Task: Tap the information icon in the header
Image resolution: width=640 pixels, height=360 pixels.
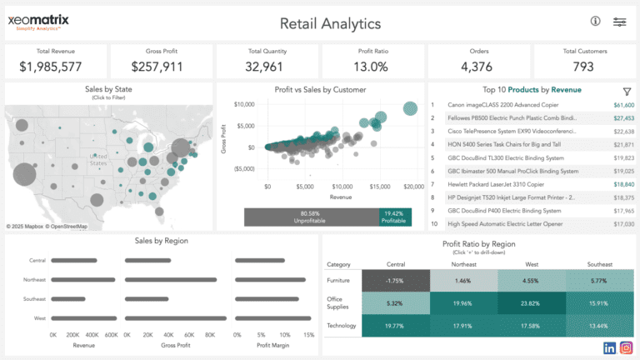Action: (595, 22)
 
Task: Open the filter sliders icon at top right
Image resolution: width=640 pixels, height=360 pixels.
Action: (620, 22)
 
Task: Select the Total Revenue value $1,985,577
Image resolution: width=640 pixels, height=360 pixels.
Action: (51, 67)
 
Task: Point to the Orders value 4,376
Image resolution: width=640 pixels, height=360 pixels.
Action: (476, 67)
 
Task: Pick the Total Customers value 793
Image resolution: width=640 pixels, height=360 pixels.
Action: (583, 67)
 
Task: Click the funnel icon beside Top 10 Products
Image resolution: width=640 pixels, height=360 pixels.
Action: (627, 91)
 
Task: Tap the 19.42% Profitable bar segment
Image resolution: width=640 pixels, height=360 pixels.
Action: (396, 217)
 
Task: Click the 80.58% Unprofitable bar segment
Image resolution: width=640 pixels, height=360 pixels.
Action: (311, 217)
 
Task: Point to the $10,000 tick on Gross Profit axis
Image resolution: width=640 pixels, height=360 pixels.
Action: (243, 104)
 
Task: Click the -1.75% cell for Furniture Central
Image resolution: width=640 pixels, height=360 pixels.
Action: (395, 281)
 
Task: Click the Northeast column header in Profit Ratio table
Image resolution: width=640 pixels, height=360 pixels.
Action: (463, 264)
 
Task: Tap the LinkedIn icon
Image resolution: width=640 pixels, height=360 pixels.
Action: (609, 347)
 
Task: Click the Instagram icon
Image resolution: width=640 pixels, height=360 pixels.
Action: (626, 347)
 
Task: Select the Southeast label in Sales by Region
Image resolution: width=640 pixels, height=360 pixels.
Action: (34, 299)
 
